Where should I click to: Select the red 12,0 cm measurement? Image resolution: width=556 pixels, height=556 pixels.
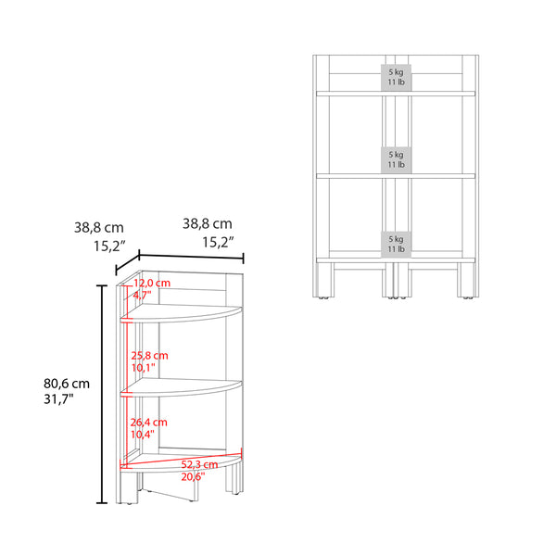tap(152, 282)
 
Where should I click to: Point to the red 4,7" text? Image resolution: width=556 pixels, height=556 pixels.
tap(144, 294)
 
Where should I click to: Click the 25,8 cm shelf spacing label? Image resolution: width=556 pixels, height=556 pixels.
tap(149, 355)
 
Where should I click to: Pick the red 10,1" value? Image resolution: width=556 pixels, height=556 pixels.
tap(144, 367)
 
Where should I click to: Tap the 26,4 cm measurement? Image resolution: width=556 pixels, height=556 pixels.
tap(149, 422)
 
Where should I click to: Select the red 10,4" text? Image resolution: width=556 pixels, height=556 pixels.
tap(144, 434)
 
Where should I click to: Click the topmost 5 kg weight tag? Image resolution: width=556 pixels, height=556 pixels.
tap(396, 77)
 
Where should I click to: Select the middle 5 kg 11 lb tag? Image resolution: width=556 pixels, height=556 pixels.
tap(396, 158)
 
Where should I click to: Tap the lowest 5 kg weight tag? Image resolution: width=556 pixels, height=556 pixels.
tap(396, 242)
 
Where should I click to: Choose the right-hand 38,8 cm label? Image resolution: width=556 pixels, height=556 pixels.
tap(207, 223)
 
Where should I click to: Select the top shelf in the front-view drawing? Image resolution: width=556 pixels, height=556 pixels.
tap(396, 93)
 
